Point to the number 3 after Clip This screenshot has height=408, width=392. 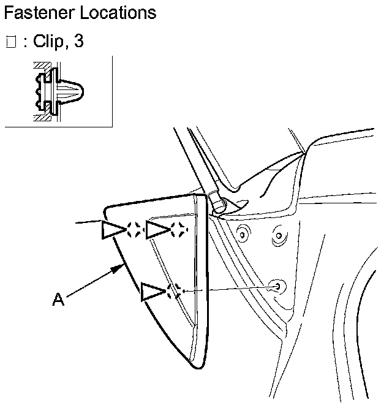78,42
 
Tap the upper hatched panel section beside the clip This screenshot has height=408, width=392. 41,66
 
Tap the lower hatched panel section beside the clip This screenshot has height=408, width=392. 41,116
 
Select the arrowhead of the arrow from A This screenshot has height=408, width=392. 119,267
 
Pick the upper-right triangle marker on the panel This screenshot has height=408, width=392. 157,230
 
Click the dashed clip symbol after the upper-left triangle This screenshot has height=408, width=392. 135,230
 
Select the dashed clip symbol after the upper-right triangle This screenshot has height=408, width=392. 178,230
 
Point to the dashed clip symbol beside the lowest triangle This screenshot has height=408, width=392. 174,290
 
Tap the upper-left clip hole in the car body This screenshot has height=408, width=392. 244,233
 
